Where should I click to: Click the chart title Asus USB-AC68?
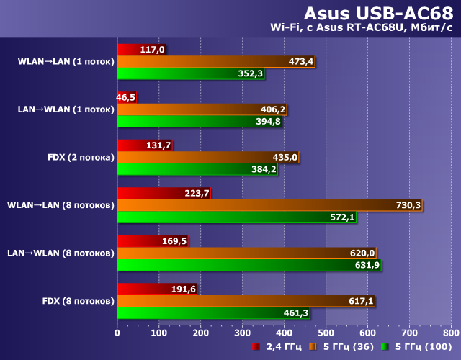point(377,13)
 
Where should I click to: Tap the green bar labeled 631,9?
point(245,265)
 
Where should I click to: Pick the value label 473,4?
point(301,61)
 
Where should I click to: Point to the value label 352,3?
point(251,73)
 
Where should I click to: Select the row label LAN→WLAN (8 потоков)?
point(61,253)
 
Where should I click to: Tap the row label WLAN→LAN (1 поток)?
point(66,62)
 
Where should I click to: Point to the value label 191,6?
point(183,288)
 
